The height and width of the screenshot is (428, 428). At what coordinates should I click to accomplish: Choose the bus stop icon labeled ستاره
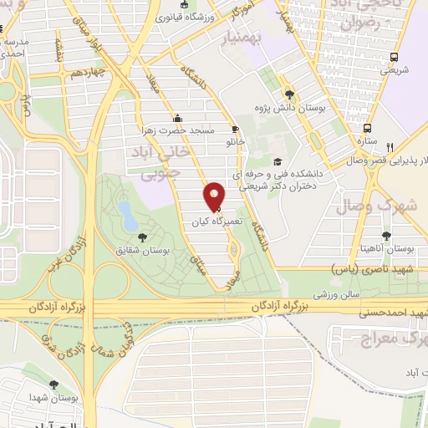(367, 130)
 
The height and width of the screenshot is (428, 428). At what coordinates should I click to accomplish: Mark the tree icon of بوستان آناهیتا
(386, 237)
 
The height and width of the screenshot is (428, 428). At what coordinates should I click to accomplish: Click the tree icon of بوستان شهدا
(54, 385)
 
